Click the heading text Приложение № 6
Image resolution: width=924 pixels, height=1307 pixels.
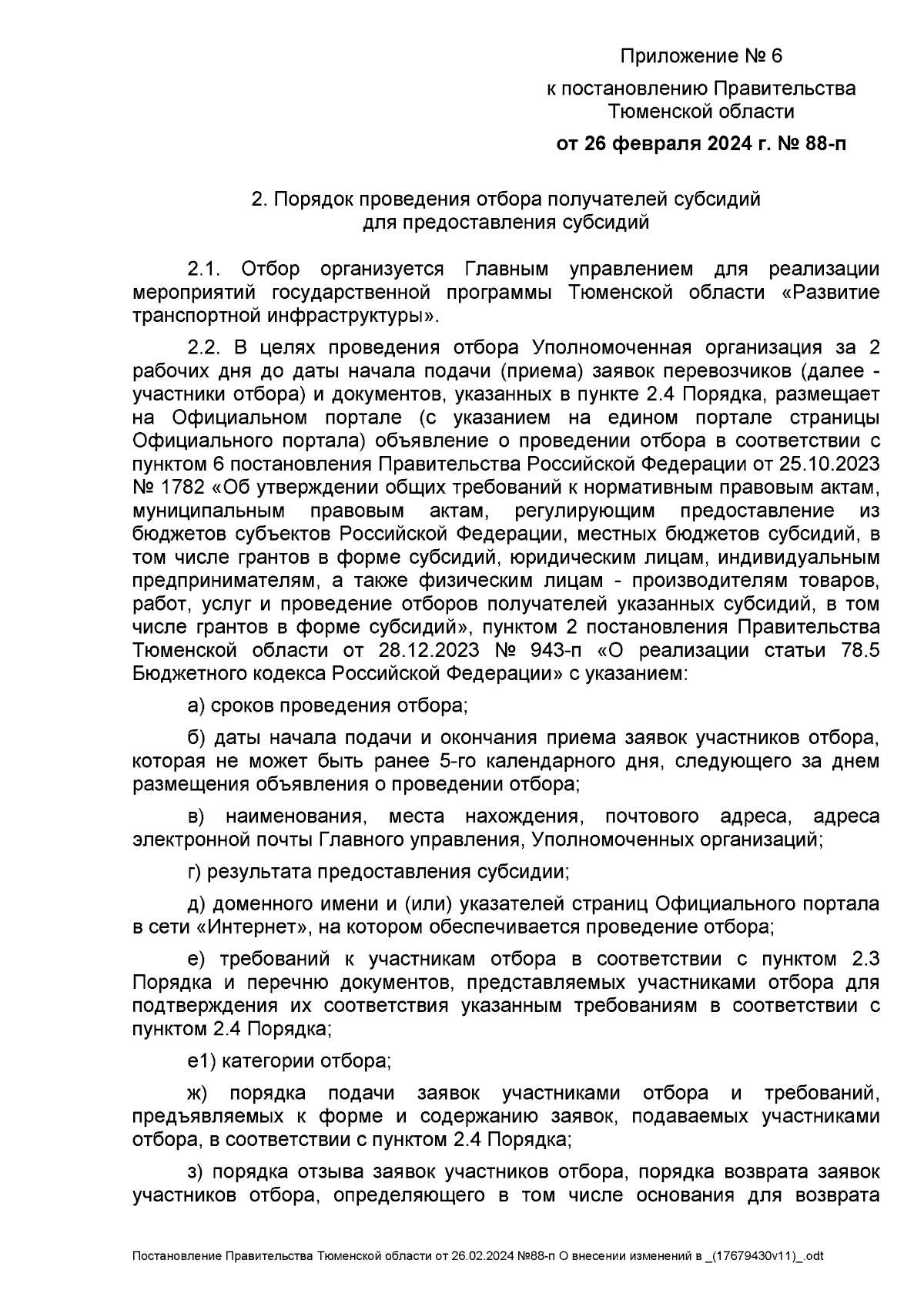(x=701, y=56)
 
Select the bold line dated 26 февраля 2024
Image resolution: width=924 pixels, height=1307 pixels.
(x=701, y=143)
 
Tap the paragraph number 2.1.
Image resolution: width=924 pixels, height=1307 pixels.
(x=205, y=270)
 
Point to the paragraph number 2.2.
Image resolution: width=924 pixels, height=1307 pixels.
(x=205, y=348)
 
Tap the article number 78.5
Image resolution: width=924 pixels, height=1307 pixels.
(x=855, y=650)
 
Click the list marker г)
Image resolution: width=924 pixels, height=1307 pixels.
(x=195, y=872)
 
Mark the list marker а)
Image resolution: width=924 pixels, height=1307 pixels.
(x=196, y=705)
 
